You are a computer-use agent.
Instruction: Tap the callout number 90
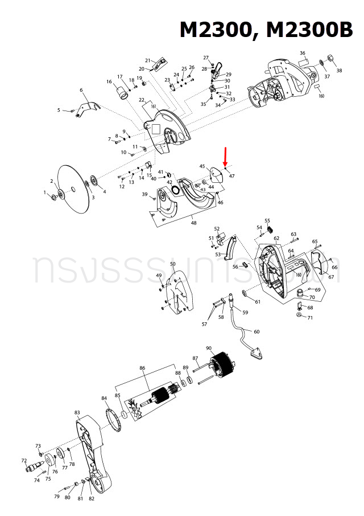[209, 348]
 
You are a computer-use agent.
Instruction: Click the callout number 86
[142, 368]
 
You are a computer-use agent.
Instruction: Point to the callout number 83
[77, 412]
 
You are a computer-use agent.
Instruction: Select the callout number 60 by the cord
[256, 331]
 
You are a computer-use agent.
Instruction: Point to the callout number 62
[276, 238]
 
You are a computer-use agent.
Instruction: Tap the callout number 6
[81, 90]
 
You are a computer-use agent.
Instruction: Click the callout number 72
[24, 460]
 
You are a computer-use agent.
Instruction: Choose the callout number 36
[303, 53]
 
